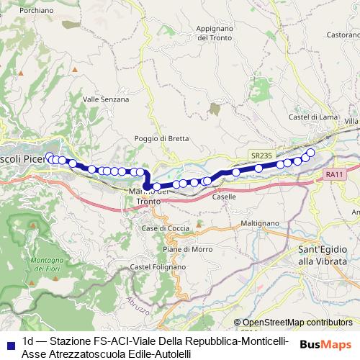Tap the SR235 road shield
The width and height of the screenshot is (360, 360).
[x=263, y=156]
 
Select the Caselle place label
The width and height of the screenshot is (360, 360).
[x=224, y=197]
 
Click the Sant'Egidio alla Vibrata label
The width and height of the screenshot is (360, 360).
[x=327, y=254]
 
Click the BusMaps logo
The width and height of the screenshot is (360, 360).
[x=325, y=344]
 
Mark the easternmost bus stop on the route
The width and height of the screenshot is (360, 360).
[x=310, y=152]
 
